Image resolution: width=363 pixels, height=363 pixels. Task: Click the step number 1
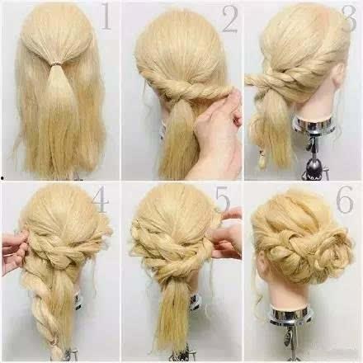tap(106, 16)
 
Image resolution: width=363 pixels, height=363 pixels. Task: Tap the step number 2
tap(229, 19)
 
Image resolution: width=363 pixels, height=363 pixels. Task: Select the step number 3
tap(349, 18)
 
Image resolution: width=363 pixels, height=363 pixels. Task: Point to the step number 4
tap(101, 199)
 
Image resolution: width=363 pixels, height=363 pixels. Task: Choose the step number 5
tap(223, 199)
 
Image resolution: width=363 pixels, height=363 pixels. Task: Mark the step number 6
tap(345, 199)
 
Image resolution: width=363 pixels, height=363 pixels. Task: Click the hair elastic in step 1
tap(57, 64)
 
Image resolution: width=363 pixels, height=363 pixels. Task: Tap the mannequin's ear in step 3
tap(339, 73)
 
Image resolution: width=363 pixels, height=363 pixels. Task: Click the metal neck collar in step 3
tap(313, 125)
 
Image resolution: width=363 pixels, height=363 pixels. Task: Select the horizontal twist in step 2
tap(187, 88)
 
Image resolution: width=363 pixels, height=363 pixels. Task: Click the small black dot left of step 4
tap(2, 178)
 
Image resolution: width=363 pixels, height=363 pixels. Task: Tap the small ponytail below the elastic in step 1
tap(57, 82)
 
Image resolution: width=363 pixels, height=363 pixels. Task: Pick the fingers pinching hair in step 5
tap(226, 233)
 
